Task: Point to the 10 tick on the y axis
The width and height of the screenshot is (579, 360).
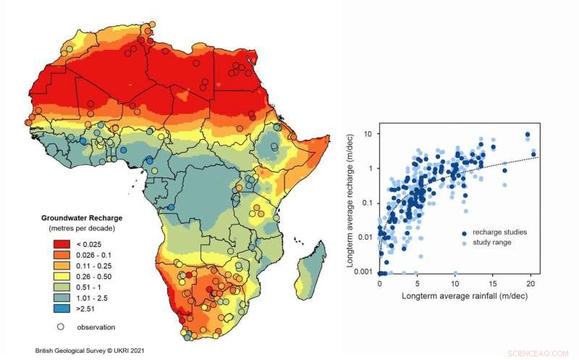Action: pyautogui.click(x=368, y=134)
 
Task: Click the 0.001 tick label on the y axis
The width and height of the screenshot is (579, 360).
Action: pyautogui.click(x=363, y=272)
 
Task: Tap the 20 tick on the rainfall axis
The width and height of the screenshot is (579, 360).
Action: pyautogui.click(x=532, y=284)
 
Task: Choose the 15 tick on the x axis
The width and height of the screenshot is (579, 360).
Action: pyautogui.click(x=494, y=284)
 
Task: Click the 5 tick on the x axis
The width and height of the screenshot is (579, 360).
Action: pyautogui.click(x=418, y=284)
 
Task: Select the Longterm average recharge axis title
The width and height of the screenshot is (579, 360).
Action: pyautogui.click(x=350, y=203)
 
